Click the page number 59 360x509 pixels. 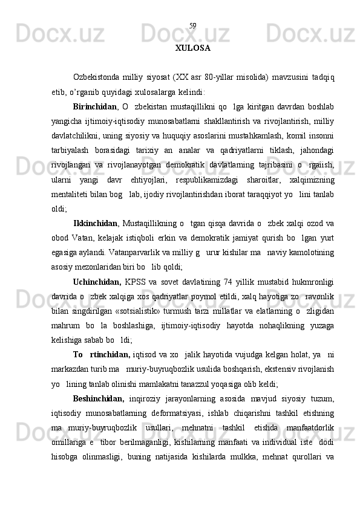pyautogui.click(x=192, y=26)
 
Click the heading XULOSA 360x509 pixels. pyautogui.click(x=192, y=48)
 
